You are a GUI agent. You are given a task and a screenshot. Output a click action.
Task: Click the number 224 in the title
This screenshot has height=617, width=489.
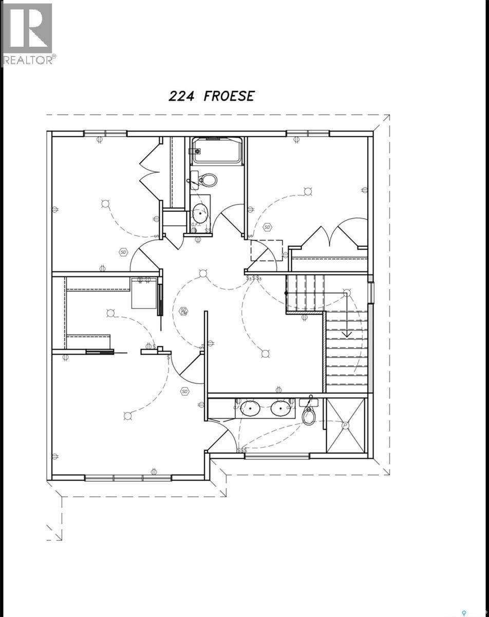point(182,96)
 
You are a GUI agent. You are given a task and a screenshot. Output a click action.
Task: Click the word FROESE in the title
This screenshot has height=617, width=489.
point(229,96)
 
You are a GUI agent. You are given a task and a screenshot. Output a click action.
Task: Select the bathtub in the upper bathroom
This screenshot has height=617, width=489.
point(216,151)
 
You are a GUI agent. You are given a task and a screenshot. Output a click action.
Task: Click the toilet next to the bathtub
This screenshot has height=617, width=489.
point(206,180)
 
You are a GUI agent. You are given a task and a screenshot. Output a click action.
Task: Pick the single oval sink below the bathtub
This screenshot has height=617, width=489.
point(200,211)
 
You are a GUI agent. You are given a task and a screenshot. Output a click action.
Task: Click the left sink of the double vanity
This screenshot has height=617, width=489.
point(250,408)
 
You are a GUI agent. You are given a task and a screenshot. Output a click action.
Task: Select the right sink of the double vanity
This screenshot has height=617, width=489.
point(281,408)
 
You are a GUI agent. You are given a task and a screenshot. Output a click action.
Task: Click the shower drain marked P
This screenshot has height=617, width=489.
point(345,426)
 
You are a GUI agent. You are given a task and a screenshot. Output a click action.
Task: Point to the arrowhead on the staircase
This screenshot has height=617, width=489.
point(347,334)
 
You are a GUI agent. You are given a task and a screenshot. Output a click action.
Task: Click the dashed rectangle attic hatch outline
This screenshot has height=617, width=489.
point(266,250)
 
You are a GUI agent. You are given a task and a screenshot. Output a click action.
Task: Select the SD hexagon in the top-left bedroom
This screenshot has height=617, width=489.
point(123,252)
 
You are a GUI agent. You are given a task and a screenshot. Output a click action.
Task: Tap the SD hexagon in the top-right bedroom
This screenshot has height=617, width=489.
point(268,227)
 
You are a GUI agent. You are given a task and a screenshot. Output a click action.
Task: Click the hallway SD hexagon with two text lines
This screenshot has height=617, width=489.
point(183,311)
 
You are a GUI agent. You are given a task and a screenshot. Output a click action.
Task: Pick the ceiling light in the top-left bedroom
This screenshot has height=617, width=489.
point(105,204)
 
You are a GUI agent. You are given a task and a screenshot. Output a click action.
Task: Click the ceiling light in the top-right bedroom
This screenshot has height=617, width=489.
point(308,192)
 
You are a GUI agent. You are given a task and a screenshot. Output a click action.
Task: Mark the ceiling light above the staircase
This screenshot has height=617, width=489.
point(347,293)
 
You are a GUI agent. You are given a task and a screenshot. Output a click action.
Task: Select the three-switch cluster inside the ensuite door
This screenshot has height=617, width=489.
point(241,450)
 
